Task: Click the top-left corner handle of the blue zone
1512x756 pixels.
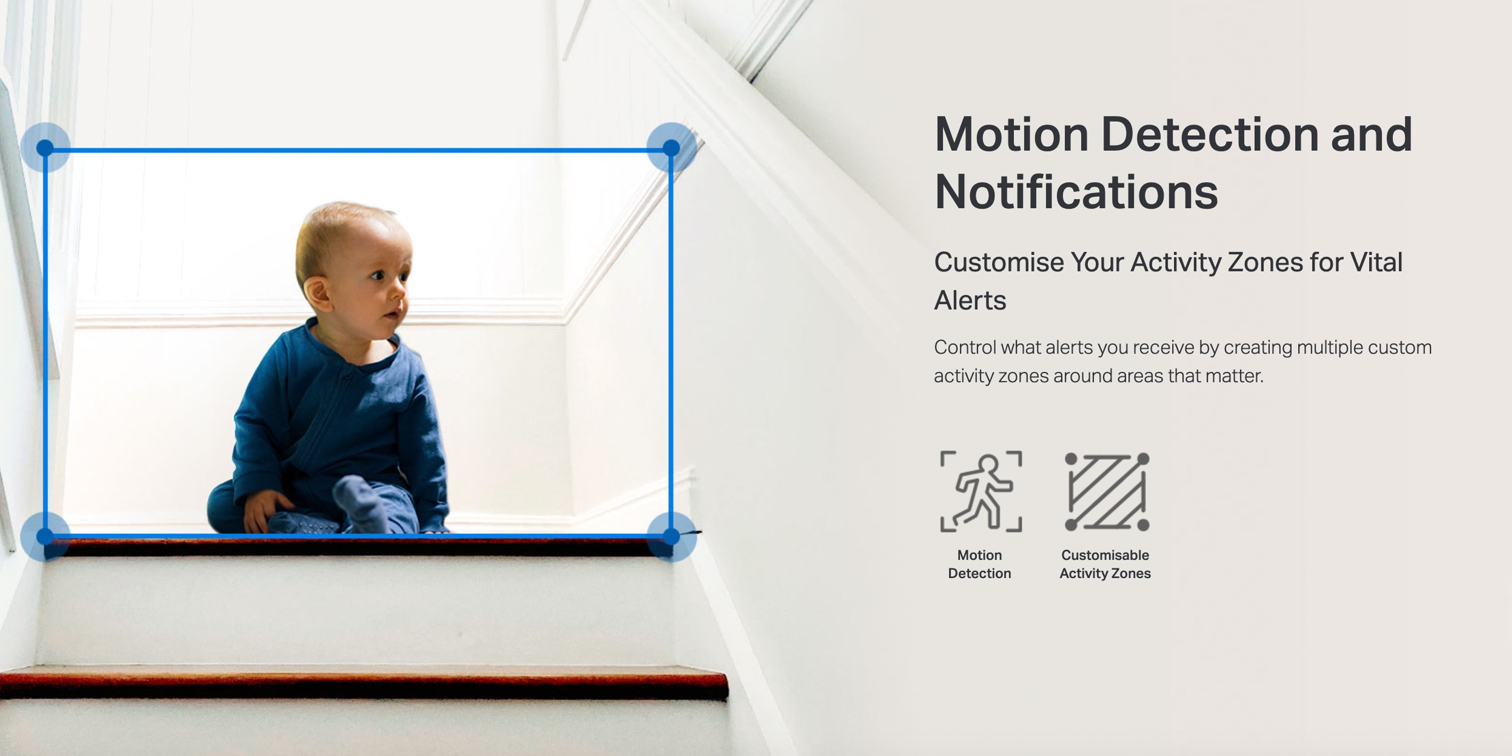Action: coord(45,148)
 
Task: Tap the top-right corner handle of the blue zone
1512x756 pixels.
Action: coord(671,148)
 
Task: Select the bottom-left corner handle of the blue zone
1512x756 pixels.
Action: coord(45,536)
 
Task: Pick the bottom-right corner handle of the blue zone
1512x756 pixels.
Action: coord(671,536)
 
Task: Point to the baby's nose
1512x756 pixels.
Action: coord(402,289)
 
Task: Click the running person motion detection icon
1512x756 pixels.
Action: coord(981,491)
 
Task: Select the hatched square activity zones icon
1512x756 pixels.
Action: coord(1107,491)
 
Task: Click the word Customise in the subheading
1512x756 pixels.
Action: coord(998,262)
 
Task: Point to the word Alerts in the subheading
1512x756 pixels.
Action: coord(970,301)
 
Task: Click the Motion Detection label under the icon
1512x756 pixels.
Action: coord(979,564)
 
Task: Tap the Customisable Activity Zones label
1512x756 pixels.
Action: coord(1105,564)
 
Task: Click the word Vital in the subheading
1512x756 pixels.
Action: coord(1376,262)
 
